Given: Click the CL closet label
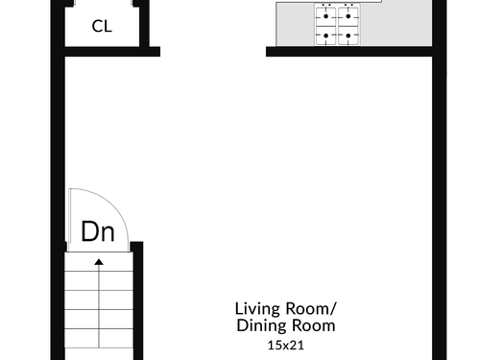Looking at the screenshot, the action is click(102, 26).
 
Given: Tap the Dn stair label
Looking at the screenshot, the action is click(98, 231).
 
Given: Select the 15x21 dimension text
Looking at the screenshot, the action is click(286, 346).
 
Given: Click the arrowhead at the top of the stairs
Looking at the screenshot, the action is click(99, 262).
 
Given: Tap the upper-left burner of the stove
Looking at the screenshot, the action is click(325, 16).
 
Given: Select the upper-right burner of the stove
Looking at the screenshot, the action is click(348, 16).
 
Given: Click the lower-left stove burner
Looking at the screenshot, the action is click(325, 36).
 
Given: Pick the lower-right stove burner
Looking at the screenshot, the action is click(348, 36).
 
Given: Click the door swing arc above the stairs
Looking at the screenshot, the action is click(114, 204).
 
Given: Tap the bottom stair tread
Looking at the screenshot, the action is click(99, 338).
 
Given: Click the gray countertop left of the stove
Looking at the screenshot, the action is click(295, 25).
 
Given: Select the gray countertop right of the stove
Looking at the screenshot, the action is click(396, 24).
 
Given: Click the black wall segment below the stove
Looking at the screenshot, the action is click(349, 52).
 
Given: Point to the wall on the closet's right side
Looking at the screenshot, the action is click(144, 24).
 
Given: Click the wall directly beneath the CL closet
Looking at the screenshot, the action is click(112, 52).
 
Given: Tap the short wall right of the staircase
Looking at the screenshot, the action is click(137, 300).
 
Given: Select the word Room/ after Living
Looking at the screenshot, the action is click(311, 309).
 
